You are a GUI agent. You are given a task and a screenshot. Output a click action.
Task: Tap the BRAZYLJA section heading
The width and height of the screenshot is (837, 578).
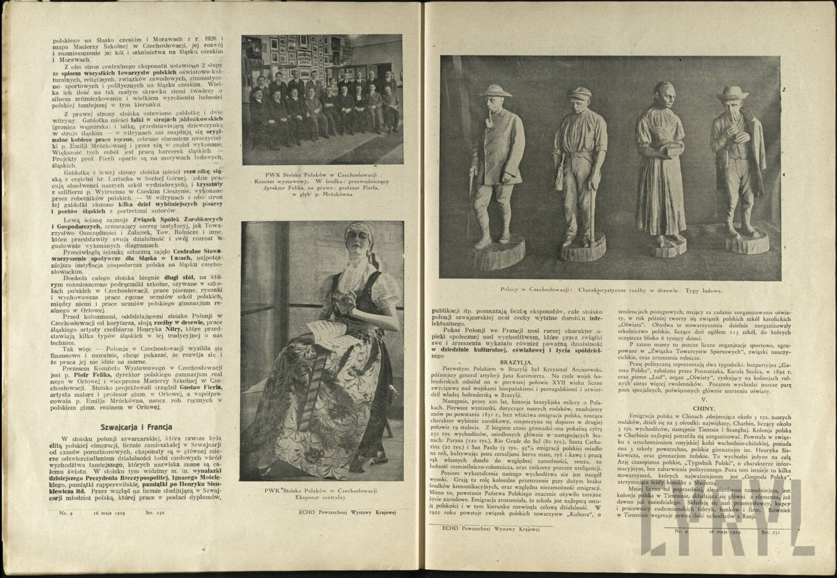pyautogui.click(x=516, y=361)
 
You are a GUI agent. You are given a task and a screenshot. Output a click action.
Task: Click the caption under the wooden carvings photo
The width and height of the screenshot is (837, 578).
pyautogui.click(x=604, y=290)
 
